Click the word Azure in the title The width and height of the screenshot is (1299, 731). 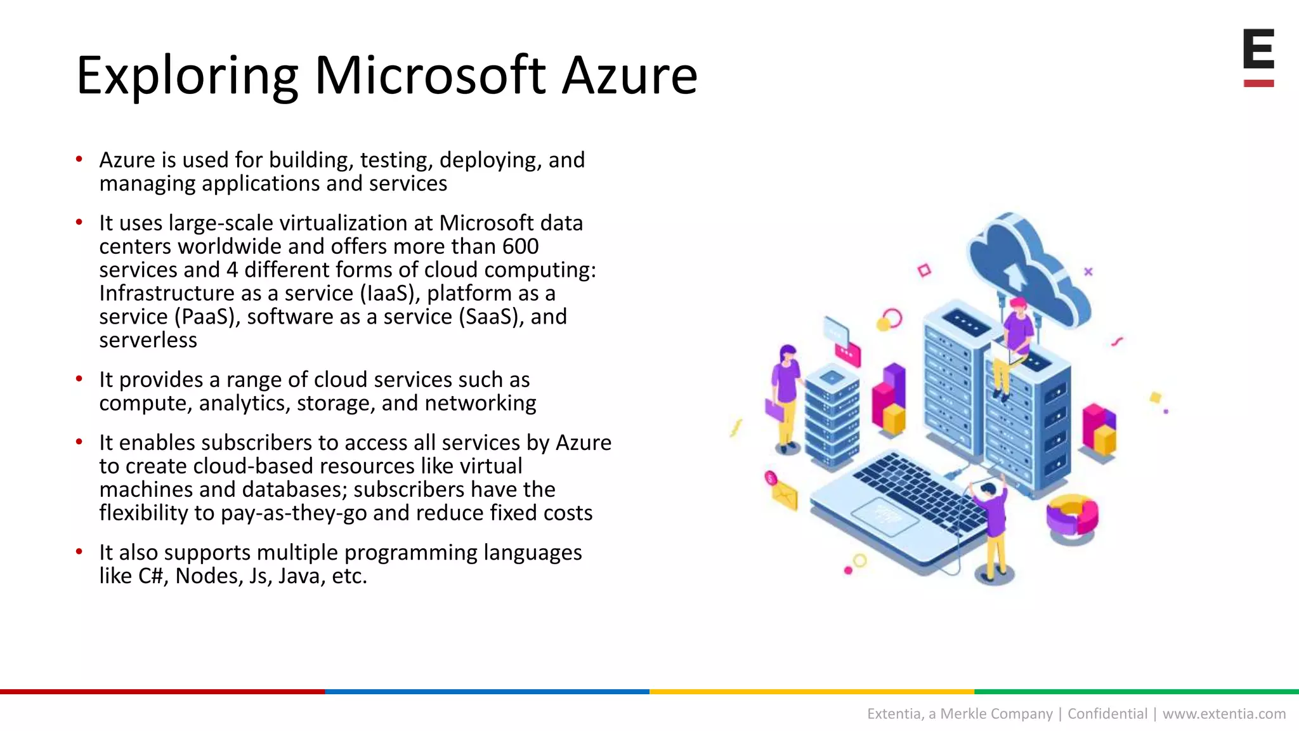point(630,76)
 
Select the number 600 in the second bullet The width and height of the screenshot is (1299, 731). point(520,246)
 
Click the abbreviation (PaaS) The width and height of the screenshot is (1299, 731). point(207,317)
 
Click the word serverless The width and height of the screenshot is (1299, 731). point(148,340)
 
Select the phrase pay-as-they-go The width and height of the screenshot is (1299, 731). point(294,513)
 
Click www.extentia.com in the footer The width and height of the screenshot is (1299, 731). point(1224,714)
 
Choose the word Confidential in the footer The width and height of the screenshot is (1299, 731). point(1107,714)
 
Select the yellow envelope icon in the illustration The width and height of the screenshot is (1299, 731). point(784,494)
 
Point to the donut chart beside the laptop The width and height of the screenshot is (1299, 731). point(1072,517)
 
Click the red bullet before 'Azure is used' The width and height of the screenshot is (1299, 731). point(79,159)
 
